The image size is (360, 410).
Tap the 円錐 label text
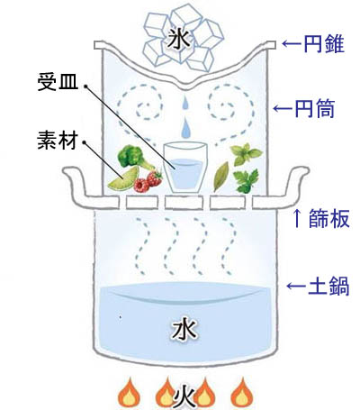click(x=324, y=44)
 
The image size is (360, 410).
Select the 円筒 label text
click(x=315, y=108)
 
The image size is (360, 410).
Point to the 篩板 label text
click(x=329, y=218)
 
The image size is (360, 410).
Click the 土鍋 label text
click(x=328, y=286)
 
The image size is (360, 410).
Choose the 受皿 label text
click(x=58, y=82)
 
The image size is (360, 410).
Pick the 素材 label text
click(x=58, y=141)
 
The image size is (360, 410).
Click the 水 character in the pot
click(x=184, y=330)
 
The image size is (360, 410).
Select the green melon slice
click(x=123, y=178)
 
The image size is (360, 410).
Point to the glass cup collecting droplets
click(x=185, y=168)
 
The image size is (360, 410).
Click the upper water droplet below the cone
click(x=185, y=103)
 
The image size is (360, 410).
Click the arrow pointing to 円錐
click(x=292, y=44)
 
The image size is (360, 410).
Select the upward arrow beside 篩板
click(x=297, y=218)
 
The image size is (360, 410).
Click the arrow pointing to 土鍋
click(x=296, y=286)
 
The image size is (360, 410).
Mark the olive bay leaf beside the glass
click(x=221, y=177)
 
